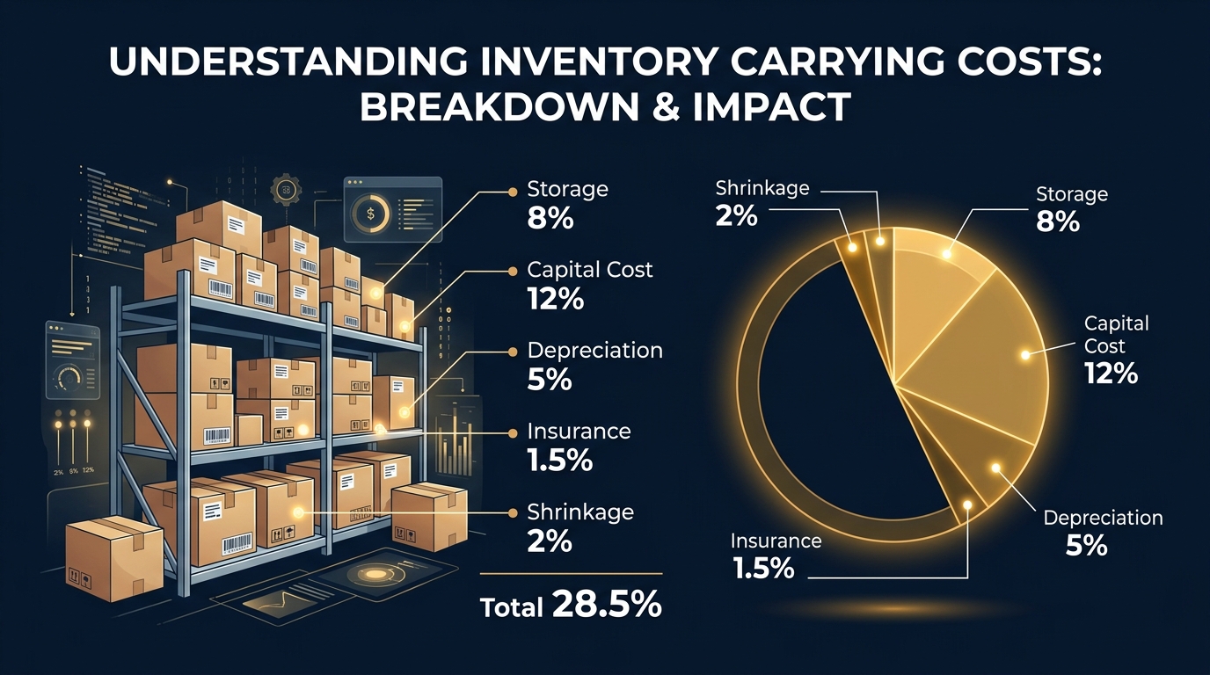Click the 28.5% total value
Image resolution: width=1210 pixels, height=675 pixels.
607,605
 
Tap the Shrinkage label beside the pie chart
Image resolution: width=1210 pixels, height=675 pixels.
762,188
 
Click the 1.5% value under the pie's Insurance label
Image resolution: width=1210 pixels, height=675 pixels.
762,568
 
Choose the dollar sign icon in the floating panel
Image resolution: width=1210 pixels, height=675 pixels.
369,212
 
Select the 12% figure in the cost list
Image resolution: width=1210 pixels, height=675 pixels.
556,299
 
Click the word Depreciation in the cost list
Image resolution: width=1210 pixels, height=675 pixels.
594,350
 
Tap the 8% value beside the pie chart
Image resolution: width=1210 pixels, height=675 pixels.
1057,221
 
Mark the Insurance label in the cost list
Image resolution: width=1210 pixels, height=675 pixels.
579,431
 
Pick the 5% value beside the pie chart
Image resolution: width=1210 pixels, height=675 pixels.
1086,546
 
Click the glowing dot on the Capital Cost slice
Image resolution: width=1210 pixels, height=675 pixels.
1025,355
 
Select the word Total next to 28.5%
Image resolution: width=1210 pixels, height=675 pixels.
511,606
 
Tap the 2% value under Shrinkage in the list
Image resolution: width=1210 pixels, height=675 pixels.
550,541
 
